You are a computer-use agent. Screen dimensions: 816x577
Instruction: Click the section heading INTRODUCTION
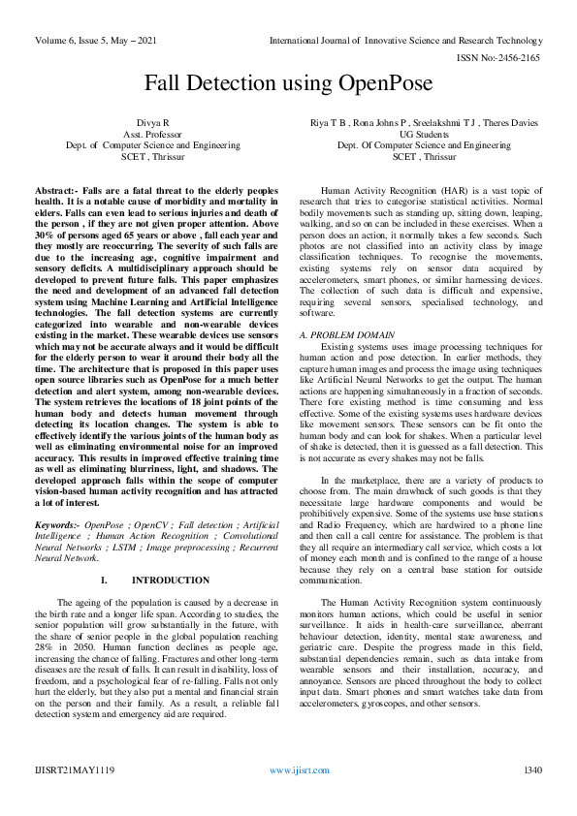[170, 581]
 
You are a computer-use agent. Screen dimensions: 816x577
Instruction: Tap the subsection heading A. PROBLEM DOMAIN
[347, 334]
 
